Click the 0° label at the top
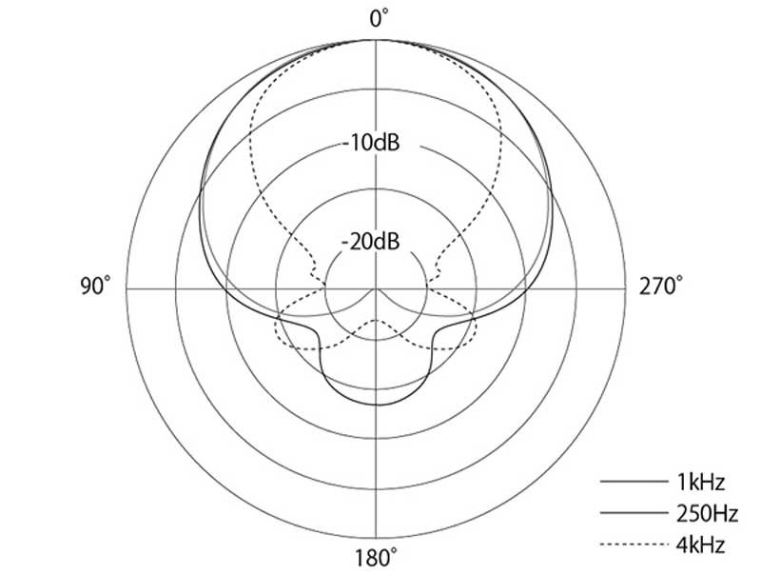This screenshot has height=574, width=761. click(x=379, y=18)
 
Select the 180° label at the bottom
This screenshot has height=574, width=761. click(x=376, y=558)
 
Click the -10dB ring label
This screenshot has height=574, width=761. click(x=371, y=143)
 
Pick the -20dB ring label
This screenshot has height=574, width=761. click(x=371, y=242)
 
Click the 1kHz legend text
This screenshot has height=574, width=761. click(x=700, y=483)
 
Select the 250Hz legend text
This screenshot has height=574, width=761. click(x=707, y=513)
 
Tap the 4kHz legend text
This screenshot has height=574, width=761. click(x=700, y=544)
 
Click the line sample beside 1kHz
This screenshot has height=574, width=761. click(x=634, y=482)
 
